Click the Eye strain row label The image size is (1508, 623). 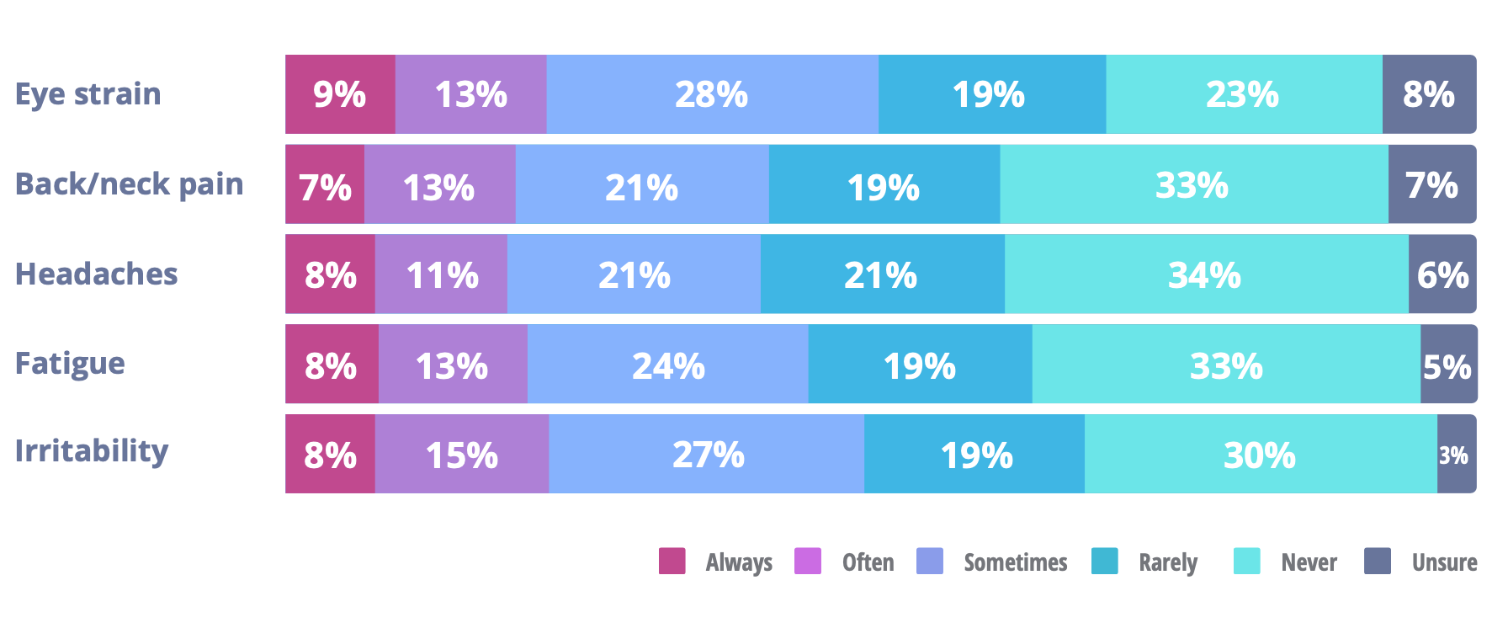[x=88, y=94]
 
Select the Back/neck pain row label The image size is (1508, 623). [x=130, y=184]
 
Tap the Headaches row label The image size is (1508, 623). [x=97, y=274]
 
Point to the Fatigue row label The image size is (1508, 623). [x=71, y=364]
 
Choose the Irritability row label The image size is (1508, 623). [x=92, y=451]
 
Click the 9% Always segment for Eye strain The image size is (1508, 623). [x=340, y=94]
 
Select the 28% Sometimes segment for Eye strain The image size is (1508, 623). [x=712, y=94]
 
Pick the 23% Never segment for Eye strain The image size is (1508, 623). [x=1243, y=94]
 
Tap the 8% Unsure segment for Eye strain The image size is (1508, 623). [x=1429, y=94]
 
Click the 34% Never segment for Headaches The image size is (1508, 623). [x=1205, y=274]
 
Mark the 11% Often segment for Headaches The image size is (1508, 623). [x=442, y=274]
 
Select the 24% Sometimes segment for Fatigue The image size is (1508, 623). [x=668, y=365]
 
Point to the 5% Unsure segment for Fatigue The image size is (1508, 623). [x=1447, y=365]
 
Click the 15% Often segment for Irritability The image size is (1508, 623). [x=462, y=455]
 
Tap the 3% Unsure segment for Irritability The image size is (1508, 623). [x=1455, y=455]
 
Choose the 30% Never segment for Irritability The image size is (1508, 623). [x=1260, y=455]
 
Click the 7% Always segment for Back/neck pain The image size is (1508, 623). [x=325, y=184]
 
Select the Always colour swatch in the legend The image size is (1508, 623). [x=672, y=562]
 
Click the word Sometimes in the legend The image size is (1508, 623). [x=1016, y=562]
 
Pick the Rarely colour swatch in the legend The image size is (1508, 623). [x=1104, y=562]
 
